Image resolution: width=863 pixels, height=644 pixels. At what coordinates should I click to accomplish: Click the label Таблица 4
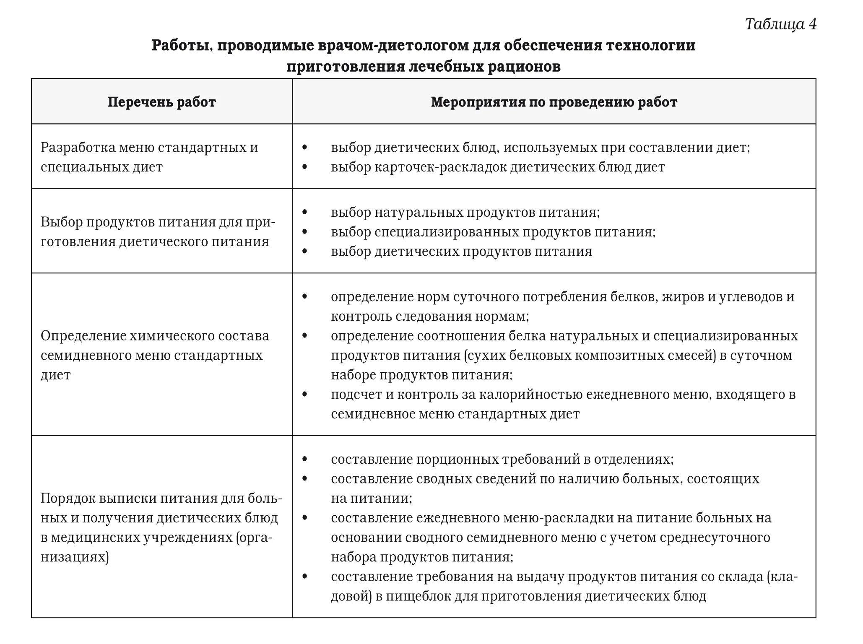tap(781, 24)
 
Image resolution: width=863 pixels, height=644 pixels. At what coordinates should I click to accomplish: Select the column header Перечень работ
tap(161, 102)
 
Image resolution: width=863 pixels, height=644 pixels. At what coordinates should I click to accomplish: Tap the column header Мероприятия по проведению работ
tap(554, 102)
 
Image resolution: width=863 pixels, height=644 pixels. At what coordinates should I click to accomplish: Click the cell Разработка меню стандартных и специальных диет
tap(149, 157)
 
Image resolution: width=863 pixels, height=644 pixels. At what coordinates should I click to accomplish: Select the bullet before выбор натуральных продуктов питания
tap(304, 213)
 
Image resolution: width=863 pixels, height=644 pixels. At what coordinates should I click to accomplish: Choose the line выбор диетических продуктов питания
tap(461, 252)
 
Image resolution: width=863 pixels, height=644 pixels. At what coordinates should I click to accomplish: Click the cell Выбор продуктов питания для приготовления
tap(158, 232)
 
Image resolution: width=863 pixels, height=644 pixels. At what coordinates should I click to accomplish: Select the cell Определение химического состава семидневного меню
tap(155, 355)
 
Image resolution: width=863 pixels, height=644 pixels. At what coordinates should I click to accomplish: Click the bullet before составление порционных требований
tap(304, 460)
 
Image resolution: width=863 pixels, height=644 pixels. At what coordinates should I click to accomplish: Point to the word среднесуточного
tap(715, 538)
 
